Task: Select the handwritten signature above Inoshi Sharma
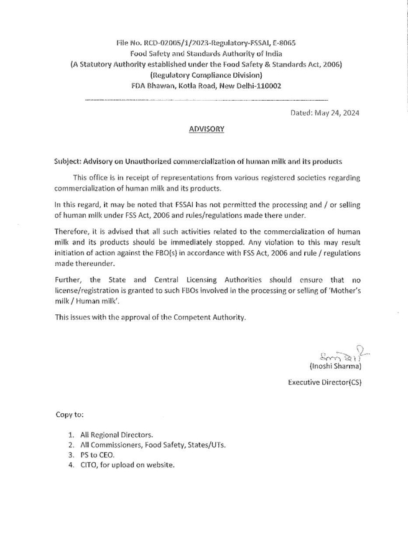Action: click(x=335, y=357)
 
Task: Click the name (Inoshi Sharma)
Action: click(x=335, y=366)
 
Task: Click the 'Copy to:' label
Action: click(x=69, y=414)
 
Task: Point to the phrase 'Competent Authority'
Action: click(x=211, y=317)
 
